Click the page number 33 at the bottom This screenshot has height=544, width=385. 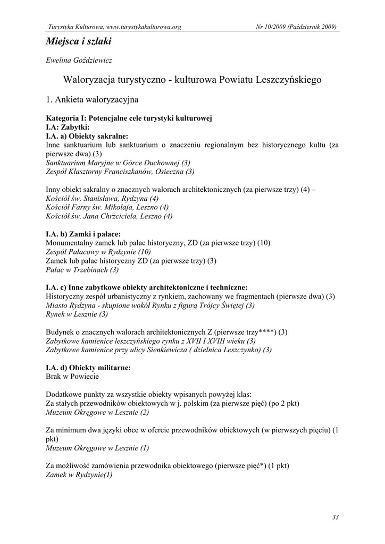[335, 517]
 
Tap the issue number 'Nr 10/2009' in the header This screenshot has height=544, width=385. [270, 27]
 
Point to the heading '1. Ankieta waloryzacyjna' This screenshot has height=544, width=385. [93, 99]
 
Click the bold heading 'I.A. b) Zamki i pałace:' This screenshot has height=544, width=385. [83, 234]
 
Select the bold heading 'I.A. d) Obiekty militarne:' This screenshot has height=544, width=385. [88, 367]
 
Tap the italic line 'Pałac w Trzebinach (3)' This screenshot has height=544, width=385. [82, 270]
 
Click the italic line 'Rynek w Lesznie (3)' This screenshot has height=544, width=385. [77, 314]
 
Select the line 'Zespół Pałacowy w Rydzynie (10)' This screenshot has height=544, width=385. [99, 252]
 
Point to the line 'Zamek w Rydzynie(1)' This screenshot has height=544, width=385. [80, 474]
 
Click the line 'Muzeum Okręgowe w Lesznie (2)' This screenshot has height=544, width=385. [98, 412]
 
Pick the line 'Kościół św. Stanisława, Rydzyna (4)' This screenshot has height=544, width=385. [102, 198]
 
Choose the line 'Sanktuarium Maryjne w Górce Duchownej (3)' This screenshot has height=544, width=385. [118, 163]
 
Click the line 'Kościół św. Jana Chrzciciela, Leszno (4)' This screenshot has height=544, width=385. [109, 216]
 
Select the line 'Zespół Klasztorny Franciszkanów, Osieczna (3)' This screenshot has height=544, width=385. [120, 172]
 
